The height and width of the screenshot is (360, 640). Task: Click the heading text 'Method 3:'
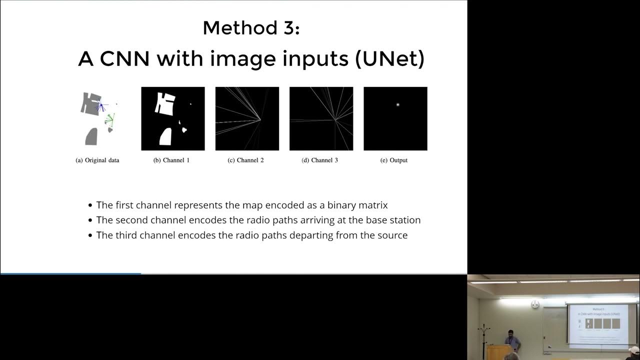(251, 28)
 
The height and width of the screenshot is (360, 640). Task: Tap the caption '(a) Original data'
(97, 160)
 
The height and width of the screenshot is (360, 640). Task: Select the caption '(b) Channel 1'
(171, 160)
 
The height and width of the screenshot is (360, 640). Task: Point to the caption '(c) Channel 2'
(245, 160)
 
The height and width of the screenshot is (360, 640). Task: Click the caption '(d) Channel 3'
(320, 160)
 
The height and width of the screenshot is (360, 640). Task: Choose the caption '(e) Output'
(394, 160)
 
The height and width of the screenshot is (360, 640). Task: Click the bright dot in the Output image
(397, 104)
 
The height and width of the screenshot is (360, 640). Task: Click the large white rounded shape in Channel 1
(165, 136)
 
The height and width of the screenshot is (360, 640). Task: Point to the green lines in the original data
(109, 119)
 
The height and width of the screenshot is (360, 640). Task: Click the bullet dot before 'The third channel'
(90, 235)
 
